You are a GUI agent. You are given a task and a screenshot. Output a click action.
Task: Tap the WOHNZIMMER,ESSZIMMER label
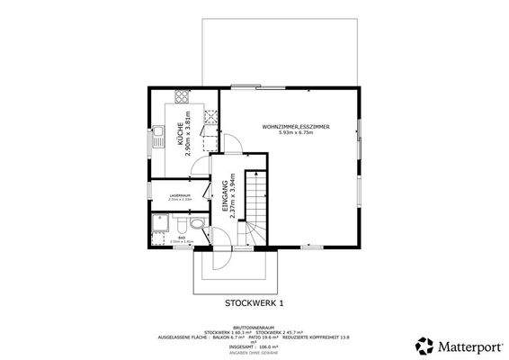click(296, 127)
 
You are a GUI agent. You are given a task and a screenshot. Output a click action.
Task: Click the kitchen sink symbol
click(156, 138)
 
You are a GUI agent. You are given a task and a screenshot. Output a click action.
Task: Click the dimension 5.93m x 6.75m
click(296, 133)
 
